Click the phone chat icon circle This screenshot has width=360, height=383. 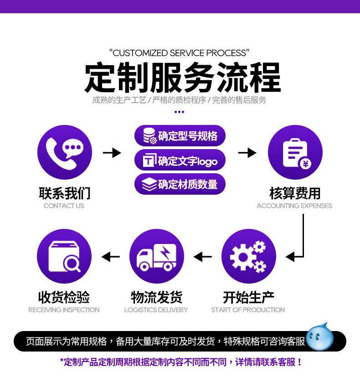click(x=65, y=152)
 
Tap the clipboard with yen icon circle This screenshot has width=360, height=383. click(x=295, y=152)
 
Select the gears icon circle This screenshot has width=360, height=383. click(x=248, y=256)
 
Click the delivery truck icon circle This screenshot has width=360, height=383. click(x=156, y=256)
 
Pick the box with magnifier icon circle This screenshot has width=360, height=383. click(x=64, y=256)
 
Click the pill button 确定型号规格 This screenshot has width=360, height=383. click(x=180, y=135)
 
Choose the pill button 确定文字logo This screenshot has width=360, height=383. click(x=180, y=160)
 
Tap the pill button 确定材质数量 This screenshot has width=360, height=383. click(x=180, y=184)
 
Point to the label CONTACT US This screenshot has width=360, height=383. click(x=64, y=206)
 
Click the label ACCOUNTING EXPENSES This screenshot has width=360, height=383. click(x=294, y=206)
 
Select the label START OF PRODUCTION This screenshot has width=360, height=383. click(x=248, y=310)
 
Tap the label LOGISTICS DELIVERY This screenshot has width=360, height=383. click(x=156, y=310)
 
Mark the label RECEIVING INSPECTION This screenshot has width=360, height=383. click(x=64, y=310)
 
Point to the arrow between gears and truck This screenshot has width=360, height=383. click(x=203, y=257)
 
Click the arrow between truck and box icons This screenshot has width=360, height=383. click(x=110, y=257)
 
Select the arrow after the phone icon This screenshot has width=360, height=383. click(x=112, y=153)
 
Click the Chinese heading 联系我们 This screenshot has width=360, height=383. click(x=65, y=193)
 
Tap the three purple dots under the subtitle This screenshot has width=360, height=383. click(x=180, y=112)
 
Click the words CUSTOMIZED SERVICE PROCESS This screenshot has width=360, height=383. click(x=180, y=53)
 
